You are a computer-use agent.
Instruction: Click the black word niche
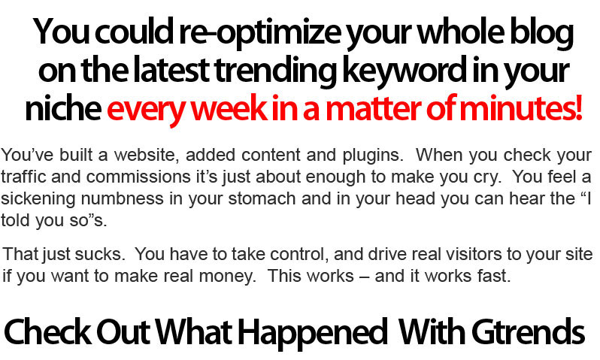(63, 109)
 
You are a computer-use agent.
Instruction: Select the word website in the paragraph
(147, 156)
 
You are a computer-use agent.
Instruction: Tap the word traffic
(23, 177)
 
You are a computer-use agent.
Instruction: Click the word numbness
(122, 199)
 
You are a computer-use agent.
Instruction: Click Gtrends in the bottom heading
(528, 331)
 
